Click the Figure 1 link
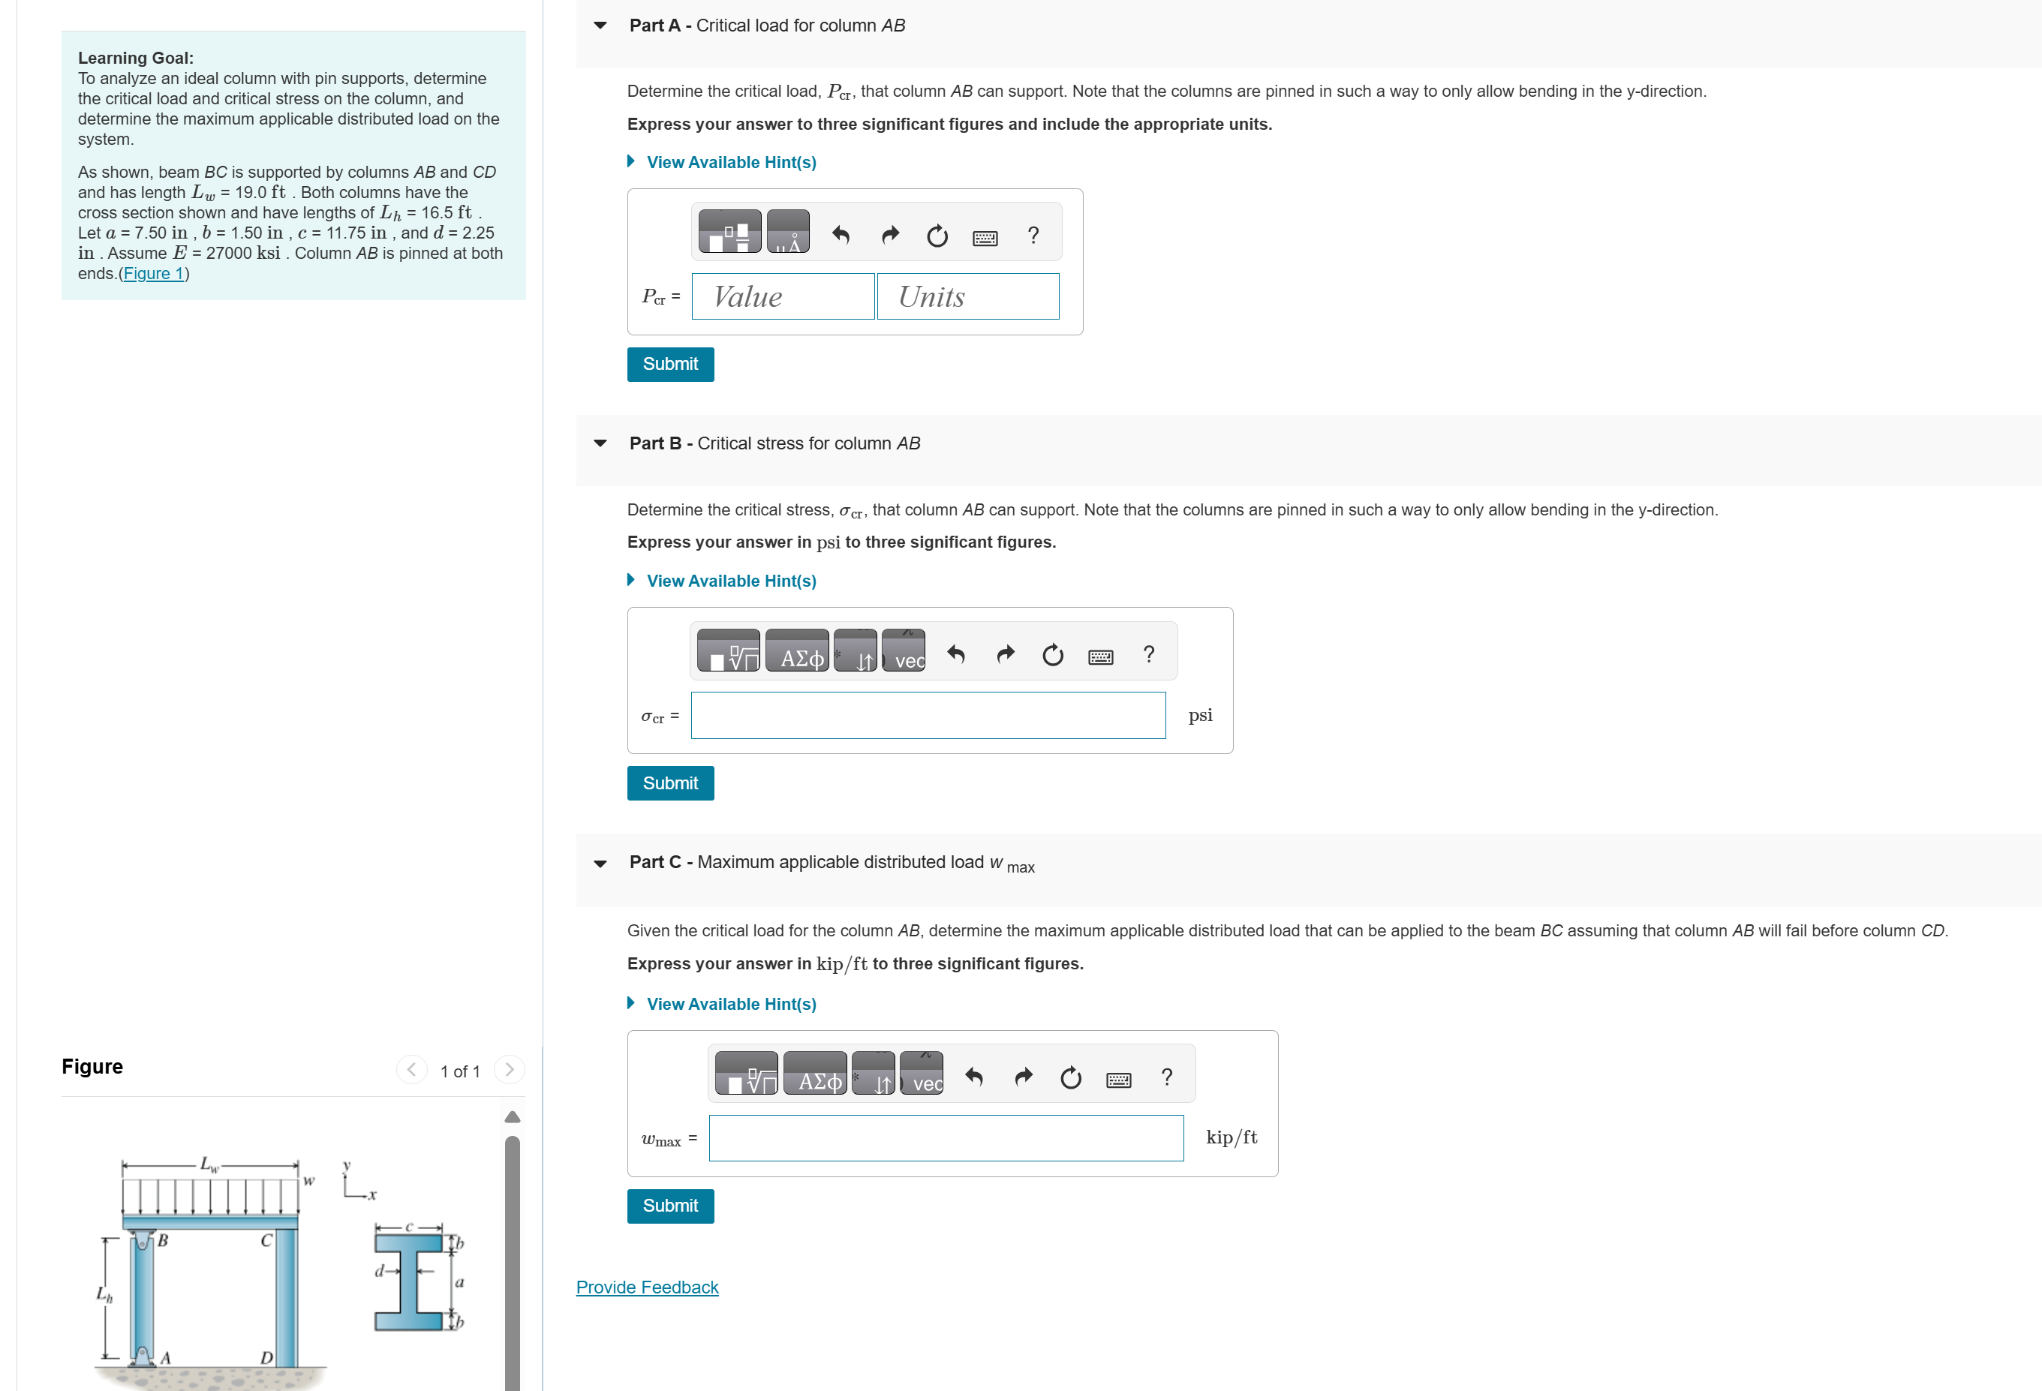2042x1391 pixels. (153, 273)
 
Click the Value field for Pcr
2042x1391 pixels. (782, 297)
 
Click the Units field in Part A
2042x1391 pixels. (967, 297)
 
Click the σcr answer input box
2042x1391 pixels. (927, 715)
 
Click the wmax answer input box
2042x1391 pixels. (946, 1138)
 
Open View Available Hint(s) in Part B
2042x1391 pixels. (730, 581)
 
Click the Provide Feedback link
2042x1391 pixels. (647, 1287)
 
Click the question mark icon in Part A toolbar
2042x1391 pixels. (1033, 236)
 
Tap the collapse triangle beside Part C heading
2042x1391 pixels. (600, 864)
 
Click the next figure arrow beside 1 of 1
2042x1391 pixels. (509, 1069)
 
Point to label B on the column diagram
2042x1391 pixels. (164, 1242)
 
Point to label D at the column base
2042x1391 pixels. (266, 1357)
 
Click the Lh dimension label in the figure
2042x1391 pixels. (104, 1294)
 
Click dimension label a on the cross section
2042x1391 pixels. (459, 1283)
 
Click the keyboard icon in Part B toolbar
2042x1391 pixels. (1100, 656)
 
